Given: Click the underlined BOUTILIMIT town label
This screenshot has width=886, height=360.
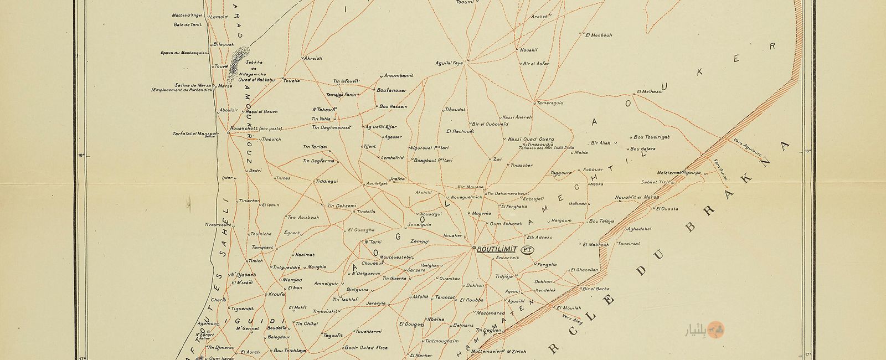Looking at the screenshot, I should pos(497,249).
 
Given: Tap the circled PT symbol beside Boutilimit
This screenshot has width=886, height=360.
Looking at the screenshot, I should pos(528,250).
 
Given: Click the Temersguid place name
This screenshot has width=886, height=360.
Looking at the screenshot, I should pos(549,103).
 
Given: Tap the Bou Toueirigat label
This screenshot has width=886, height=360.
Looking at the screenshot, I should pos(651,136).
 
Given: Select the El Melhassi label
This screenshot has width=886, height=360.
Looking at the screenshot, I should pos(650,91).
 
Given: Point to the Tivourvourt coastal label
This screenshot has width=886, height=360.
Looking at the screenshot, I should pos(217,225).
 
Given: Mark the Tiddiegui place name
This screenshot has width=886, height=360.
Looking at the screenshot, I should pos(326,182).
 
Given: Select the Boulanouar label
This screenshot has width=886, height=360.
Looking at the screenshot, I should pos(392,90).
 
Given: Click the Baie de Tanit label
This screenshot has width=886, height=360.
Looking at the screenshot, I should pos(187,24).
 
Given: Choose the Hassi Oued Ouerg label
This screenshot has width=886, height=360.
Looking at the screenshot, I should pos(530,139).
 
